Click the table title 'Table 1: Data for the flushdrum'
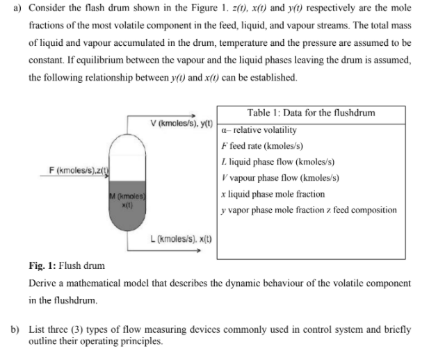coord(311,113)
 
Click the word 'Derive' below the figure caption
coord(45,283)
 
